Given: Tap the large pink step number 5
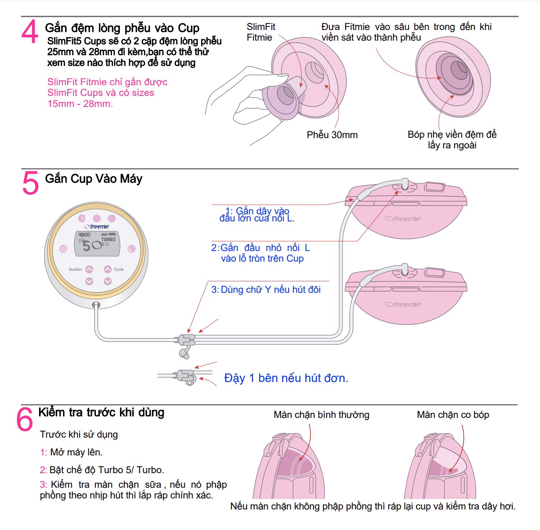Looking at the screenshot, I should coord(30,183).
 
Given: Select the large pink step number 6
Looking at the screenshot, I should coord(24,419).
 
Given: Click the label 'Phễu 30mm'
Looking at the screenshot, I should coord(332,135).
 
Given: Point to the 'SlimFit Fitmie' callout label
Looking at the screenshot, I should coord(261,32).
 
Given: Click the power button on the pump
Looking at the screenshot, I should coord(63,249).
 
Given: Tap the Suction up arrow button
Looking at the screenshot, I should coord(90,269).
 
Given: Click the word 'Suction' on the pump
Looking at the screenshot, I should coord(75,270).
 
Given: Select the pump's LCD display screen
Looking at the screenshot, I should coord(97,243).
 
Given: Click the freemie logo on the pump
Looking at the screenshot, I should coord(97,227).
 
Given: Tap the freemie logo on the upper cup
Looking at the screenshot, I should coord(403,219).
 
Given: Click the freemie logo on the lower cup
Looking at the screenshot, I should coord(403,304).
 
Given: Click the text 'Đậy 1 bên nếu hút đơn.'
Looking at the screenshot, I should coord(286,378).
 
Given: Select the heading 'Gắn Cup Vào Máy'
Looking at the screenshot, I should coord(93,179).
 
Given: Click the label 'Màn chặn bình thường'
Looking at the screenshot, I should coord(321,415).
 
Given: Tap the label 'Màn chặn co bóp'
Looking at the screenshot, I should coord(453,415).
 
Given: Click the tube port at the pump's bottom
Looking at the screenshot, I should coord(96,305).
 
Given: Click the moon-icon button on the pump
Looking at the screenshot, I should coord(131,249).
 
